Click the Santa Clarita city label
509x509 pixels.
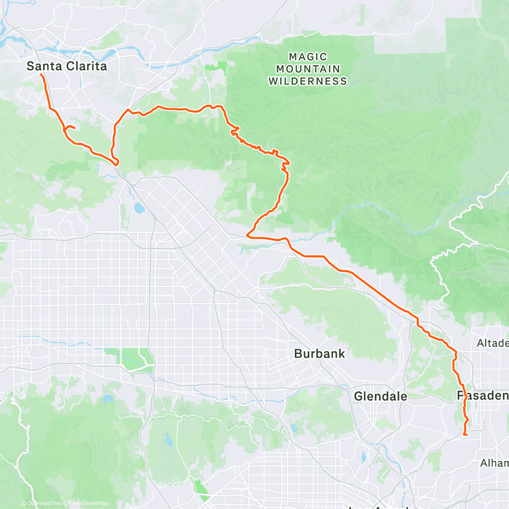pos(67,66)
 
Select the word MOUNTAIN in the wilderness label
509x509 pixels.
pos(308,69)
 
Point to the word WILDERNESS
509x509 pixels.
pos(308,81)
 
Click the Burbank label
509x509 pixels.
pos(319,354)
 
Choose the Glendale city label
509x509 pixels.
pos(380,397)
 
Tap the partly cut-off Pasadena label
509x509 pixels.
pos(483,396)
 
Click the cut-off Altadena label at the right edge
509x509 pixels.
pos(492,343)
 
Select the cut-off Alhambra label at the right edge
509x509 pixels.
pos(495,463)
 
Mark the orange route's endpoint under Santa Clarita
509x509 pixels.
pos(41,74)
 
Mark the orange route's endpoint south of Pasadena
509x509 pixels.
pos(465,434)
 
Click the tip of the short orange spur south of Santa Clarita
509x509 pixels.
pos(75,127)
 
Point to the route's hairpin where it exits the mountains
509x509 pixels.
pos(248,234)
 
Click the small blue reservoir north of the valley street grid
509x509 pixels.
pos(139,208)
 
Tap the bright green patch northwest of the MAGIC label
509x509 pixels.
pos(215,67)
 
